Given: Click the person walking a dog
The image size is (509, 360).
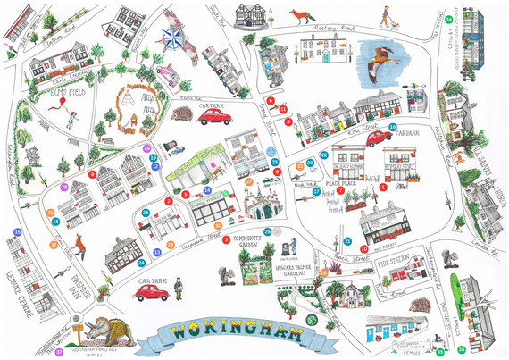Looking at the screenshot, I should pyautogui.click(x=387, y=17).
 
